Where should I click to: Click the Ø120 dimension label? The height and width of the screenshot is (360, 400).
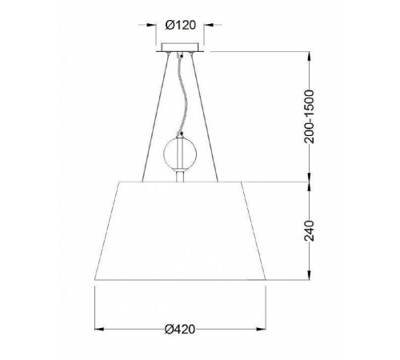click(x=181, y=25)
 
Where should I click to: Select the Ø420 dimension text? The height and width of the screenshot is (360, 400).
click(x=180, y=329)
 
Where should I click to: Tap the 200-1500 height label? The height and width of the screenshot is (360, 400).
click(x=310, y=117)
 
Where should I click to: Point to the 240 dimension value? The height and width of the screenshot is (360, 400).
click(x=310, y=231)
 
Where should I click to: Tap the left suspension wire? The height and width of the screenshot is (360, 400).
click(x=155, y=118)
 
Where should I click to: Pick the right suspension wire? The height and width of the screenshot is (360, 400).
click(x=205, y=118)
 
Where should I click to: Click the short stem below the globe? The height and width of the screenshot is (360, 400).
click(x=180, y=176)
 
